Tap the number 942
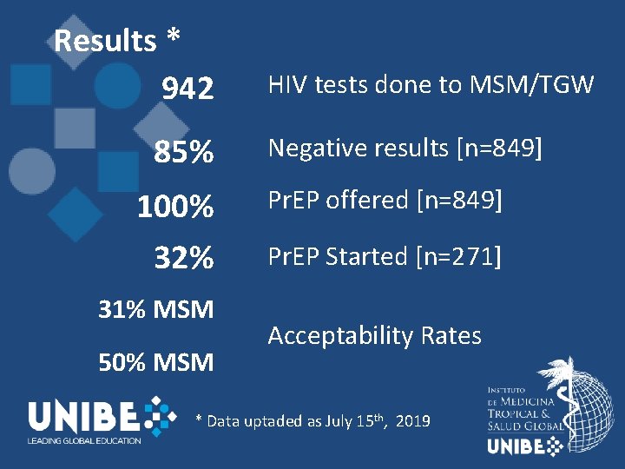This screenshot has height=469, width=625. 187,88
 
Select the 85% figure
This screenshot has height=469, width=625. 183,153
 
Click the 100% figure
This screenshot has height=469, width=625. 175,207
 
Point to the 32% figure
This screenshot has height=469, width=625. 183,258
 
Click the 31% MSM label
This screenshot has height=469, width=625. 156,309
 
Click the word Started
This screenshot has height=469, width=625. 368,256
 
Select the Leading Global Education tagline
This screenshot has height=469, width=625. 83,441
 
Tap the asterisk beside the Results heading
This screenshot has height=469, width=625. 174,39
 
